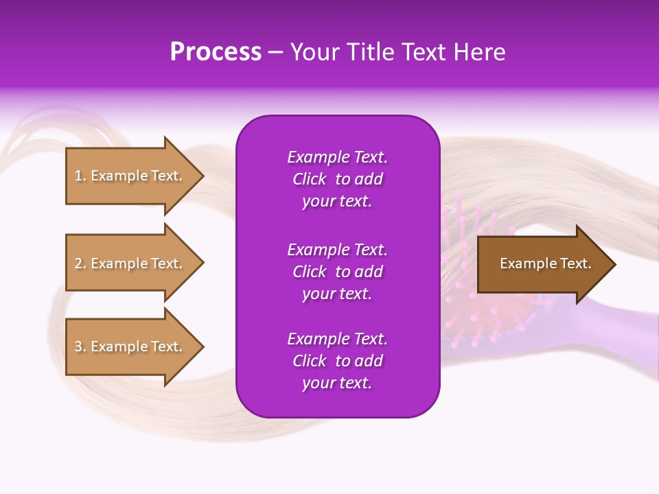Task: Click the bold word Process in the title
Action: [216, 52]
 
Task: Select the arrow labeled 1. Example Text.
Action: [128, 176]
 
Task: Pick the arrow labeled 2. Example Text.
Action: [128, 263]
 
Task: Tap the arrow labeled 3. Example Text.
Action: [128, 346]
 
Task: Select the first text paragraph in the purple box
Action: [337, 179]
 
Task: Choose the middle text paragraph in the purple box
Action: [337, 272]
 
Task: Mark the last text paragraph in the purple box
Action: [337, 361]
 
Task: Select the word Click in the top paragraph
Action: [309, 179]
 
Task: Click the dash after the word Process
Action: [275, 53]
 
